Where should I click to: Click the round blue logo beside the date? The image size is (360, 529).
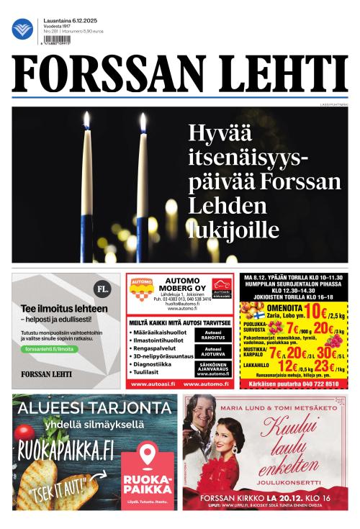(23, 29)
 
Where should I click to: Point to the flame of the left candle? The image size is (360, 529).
(86, 120)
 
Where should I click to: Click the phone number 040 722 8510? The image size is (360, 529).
(315, 384)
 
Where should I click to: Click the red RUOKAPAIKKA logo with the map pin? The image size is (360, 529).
(148, 471)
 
